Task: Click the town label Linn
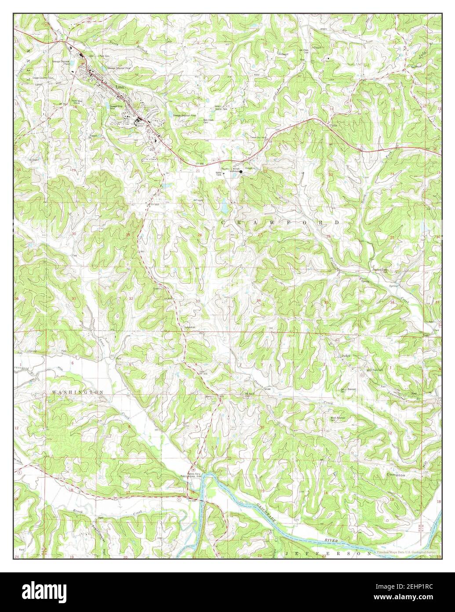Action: click(x=119, y=87)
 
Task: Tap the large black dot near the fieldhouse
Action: click(x=241, y=172)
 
